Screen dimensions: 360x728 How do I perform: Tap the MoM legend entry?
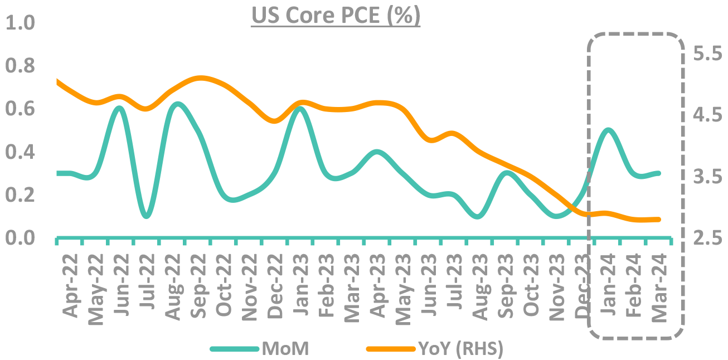[285, 349]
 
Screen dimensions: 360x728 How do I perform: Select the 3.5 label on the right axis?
[707, 177]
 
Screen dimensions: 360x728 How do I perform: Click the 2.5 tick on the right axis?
[707, 239]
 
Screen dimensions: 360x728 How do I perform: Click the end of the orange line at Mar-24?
[659, 219]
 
